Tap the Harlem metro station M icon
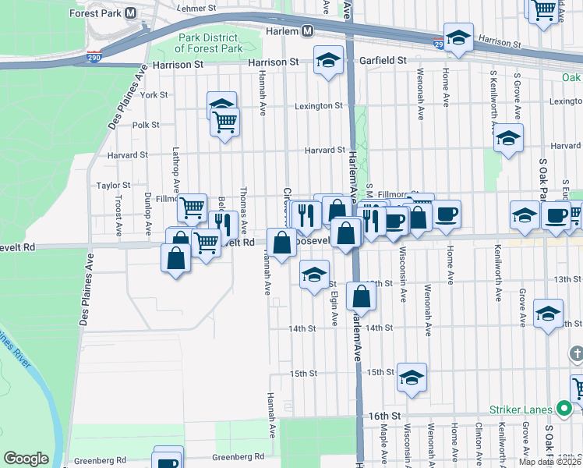(308, 31)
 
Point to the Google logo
(26, 458)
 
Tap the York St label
(154, 94)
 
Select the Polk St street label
(146, 124)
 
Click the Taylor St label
(113, 186)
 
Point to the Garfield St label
(383, 59)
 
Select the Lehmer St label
(196, 8)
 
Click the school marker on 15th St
(412, 378)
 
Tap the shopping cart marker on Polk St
(224, 122)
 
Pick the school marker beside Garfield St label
(329, 59)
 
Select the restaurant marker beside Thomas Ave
(224, 225)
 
